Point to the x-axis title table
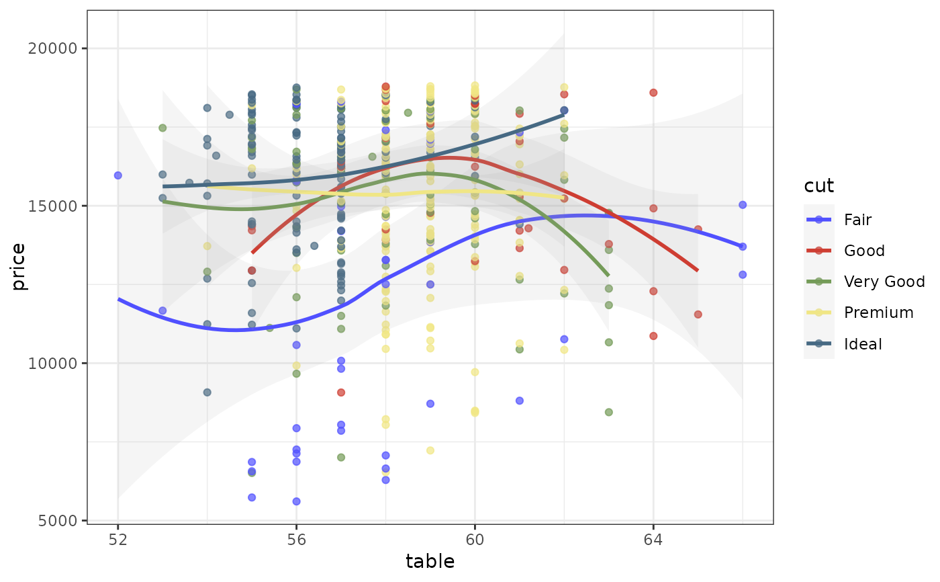tap(430, 562)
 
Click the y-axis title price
tap(19, 267)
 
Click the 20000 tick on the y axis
tap(59, 48)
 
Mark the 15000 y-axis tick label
tap(59, 206)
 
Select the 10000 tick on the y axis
tap(59, 363)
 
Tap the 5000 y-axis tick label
tap(62, 520)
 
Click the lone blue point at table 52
tap(118, 175)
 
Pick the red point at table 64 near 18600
tap(653, 93)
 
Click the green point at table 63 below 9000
tap(609, 412)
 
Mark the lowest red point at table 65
tap(698, 315)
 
